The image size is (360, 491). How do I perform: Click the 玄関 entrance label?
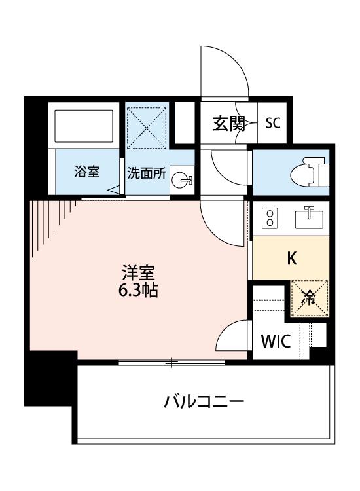coord(229,123)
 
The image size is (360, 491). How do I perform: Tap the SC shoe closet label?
coord(273,123)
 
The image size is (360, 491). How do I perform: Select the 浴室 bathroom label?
coord(86,172)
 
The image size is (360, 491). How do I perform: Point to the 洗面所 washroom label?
coord(146,173)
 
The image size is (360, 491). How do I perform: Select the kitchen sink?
coord(309,217)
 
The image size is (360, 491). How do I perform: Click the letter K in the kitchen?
coord(292,259)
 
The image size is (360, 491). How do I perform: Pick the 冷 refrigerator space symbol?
coord(310,299)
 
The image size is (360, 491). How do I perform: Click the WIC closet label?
coord(276,341)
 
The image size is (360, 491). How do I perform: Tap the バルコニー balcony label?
coord(204,401)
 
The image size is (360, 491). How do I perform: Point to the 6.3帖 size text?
coord(137,291)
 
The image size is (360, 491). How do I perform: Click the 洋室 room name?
coord(138,273)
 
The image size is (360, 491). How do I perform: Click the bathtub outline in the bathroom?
coord(84,126)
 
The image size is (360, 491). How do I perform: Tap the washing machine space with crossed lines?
coord(147,128)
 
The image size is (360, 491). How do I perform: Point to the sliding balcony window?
coord(171,363)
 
